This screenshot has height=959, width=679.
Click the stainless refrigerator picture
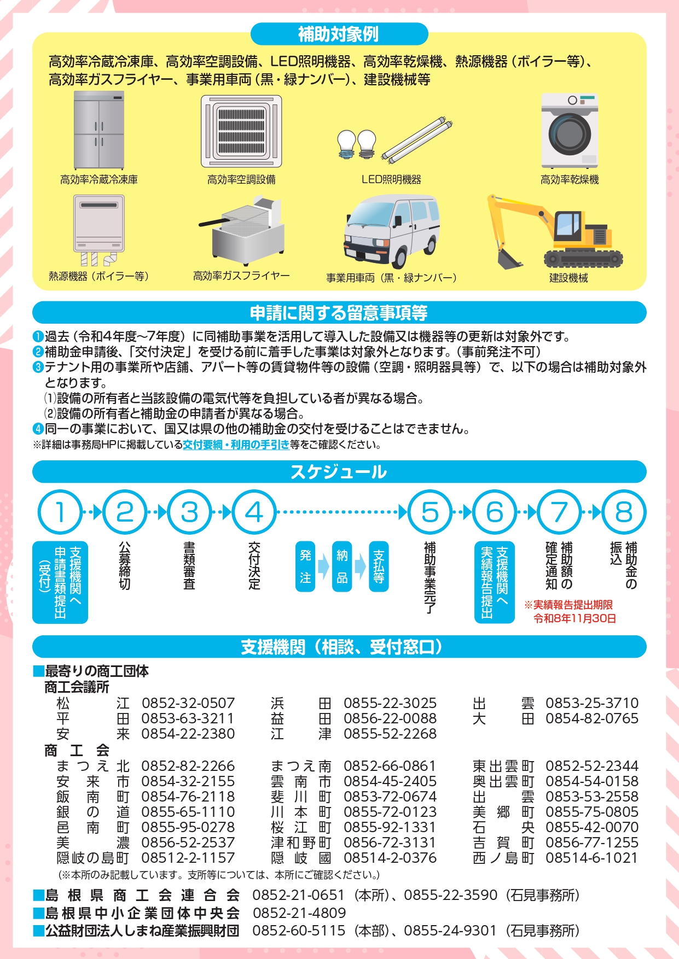pos(99,130)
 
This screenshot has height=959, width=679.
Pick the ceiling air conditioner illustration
pos(241,131)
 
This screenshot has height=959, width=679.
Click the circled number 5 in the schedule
pos(430,512)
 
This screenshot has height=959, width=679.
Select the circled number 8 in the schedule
pos(624,512)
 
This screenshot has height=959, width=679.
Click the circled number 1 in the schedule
pos(60,512)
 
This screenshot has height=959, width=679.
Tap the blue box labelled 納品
pos(342,566)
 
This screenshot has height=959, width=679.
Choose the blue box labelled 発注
pos(305,566)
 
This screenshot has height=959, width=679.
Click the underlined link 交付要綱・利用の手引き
pos(236,445)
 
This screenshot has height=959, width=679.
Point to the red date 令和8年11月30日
pos(575,618)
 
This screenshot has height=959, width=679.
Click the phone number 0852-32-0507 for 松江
pos(188,703)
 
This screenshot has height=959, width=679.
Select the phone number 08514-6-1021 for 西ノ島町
pos(592,858)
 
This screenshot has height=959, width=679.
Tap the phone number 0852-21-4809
pos(299,913)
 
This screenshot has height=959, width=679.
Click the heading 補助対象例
pos(339,34)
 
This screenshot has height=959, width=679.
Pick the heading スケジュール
pos(339,472)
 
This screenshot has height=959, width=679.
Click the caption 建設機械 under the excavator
pos(568,278)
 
